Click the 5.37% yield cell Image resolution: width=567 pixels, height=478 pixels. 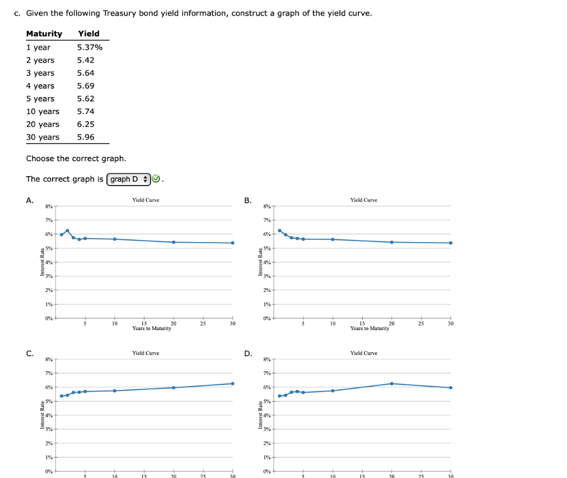pyautogui.click(x=90, y=47)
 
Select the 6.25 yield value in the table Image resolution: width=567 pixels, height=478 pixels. pyautogui.click(x=85, y=124)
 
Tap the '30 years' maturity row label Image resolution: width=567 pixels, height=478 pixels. pyautogui.click(x=43, y=137)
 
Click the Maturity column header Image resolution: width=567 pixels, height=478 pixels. pyautogui.click(x=44, y=34)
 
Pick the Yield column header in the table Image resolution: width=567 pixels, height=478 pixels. pyautogui.click(x=89, y=34)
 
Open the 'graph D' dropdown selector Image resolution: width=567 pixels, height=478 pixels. pyautogui.click(x=129, y=179)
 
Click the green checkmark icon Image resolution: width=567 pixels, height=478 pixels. pyautogui.click(x=156, y=179)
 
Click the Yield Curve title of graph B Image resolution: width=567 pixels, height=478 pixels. pyautogui.click(x=364, y=200)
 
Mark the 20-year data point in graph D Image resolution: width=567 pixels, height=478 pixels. pyautogui.click(x=391, y=383)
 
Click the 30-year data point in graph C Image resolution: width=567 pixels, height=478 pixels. pyautogui.click(x=233, y=383)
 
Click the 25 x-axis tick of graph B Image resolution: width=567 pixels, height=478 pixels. pyautogui.click(x=421, y=323)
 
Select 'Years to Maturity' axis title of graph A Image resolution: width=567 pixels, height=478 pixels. pyautogui.click(x=152, y=328)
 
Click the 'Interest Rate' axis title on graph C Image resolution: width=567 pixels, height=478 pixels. pyautogui.click(x=43, y=415)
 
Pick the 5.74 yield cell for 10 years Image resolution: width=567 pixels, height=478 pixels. pyautogui.click(x=85, y=111)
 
